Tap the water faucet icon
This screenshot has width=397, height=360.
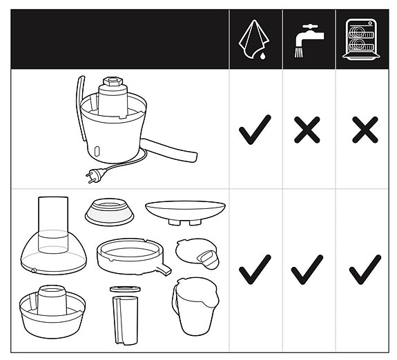click(309, 39)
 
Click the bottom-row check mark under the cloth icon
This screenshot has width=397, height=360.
click(255, 270)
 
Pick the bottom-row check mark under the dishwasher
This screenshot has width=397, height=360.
click(365, 270)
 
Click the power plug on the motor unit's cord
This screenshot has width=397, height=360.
click(92, 177)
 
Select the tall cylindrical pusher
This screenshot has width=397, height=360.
click(124, 319)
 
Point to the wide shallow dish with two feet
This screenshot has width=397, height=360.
click(185, 210)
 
